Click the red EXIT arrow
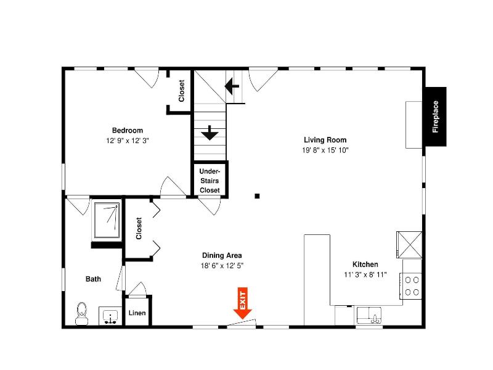pyautogui.click(x=242, y=303)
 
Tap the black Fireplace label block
pyautogui.click(x=436, y=117)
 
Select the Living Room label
pyautogui.click(x=325, y=140)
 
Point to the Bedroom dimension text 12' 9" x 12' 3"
pyautogui.click(x=128, y=141)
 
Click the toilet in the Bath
pyautogui.click(x=82, y=314)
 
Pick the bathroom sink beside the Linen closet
pyautogui.click(x=110, y=316)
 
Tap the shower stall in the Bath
pyautogui.click(x=107, y=220)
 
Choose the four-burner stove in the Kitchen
pyautogui.click(x=411, y=286)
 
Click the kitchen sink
pyautogui.click(x=369, y=315)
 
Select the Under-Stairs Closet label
pyautogui.click(x=210, y=181)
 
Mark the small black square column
pyautogui.click(x=257, y=196)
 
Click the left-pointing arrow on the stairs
pyautogui.click(x=232, y=86)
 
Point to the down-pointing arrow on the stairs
pyautogui.click(x=210, y=133)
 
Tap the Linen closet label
pyautogui.click(x=137, y=313)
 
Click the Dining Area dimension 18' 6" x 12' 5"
pyautogui.click(x=222, y=266)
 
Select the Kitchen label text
pyautogui.click(x=365, y=265)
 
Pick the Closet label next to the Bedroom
pyautogui.click(x=182, y=91)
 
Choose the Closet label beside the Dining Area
pyautogui.click(x=139, y=228)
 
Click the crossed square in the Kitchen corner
pyautogui.click(x=409, y=245)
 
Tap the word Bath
pyautogui.click(x=94, y=279)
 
